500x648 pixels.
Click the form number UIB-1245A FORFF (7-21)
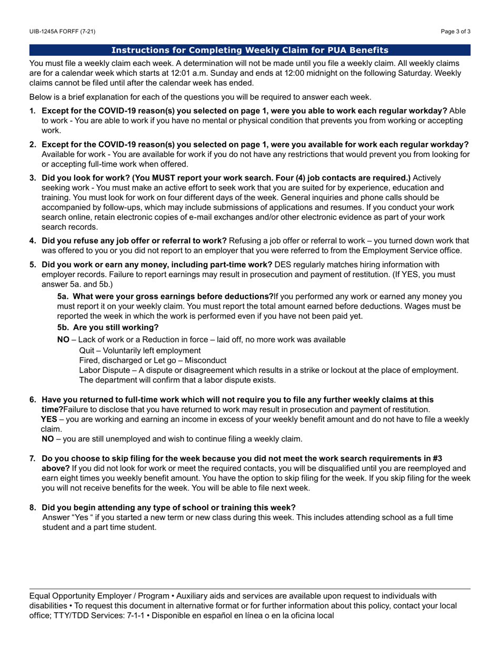tap(62, 32)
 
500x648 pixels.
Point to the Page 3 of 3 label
tap(456, 32)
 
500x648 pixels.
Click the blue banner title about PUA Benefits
tap(250, 50)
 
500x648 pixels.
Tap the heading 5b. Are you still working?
tap(108, 327)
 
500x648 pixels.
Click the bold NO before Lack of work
tap(63, 340)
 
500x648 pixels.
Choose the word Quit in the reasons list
tap(87, 350)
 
